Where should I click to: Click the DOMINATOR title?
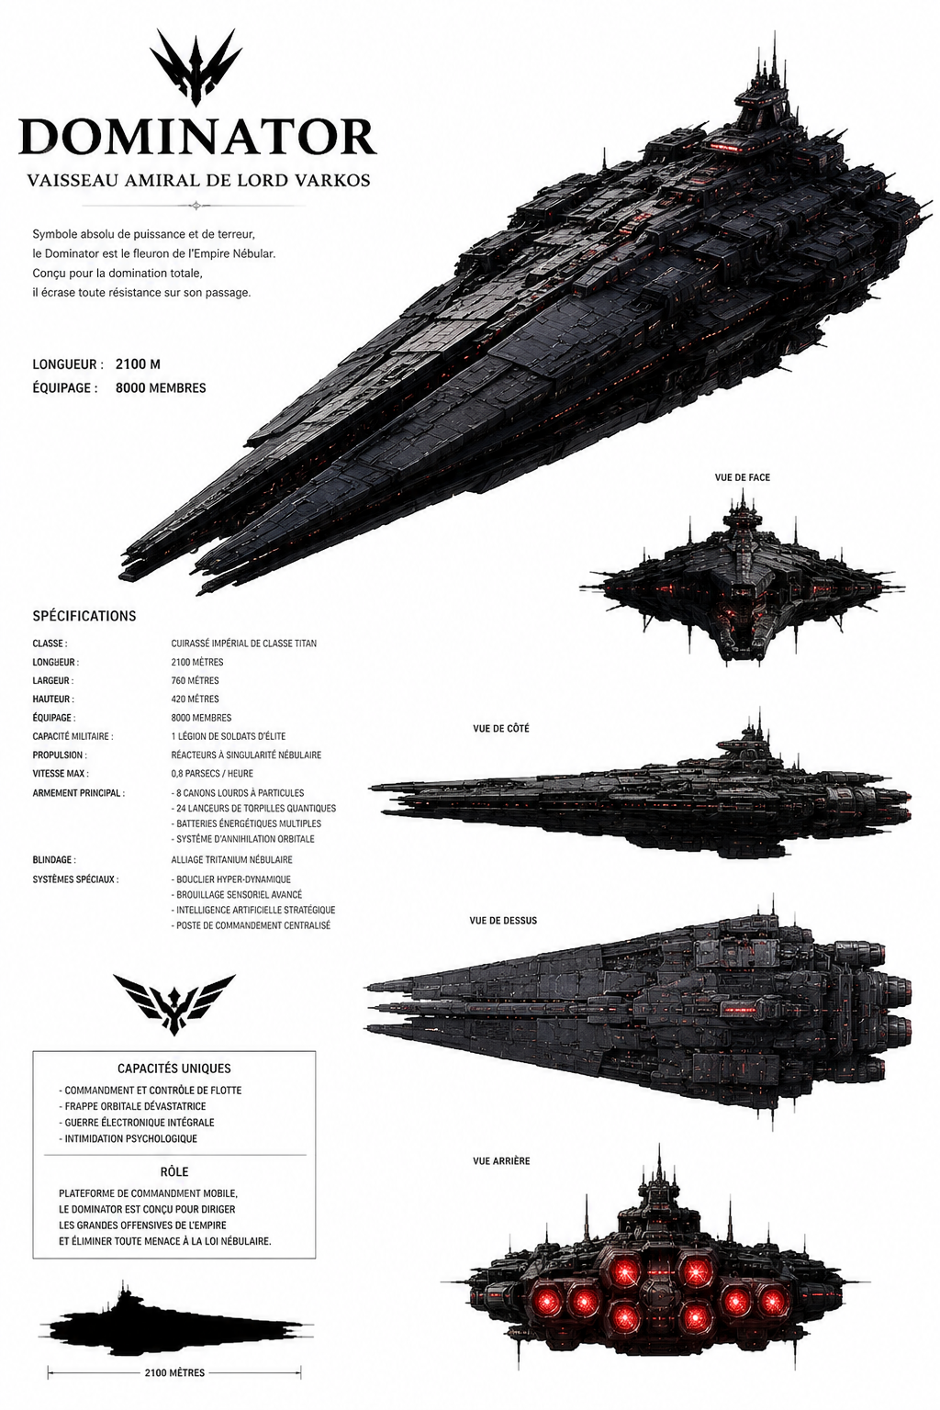pos(197,136)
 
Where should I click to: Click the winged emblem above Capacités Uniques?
pos(173,1003)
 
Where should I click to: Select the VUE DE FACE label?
pos(743,477)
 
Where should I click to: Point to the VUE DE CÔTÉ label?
pos(501,728)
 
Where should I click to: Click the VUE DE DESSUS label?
pos(503,921)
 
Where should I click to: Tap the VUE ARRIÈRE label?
pos(501,1160)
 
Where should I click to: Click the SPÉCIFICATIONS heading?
pos(84,616)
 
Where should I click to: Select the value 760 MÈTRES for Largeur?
pos(196,680)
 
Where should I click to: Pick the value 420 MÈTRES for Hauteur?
pos(196,699)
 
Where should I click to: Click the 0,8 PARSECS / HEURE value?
pos(212,773)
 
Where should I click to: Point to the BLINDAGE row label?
pos(54,859)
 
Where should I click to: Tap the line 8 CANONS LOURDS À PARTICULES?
pos(238,792)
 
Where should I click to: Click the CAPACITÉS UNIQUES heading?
pos(174,1069)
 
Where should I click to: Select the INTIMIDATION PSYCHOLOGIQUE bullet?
pos(128,1138)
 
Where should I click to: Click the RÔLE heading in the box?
pos(174,1171)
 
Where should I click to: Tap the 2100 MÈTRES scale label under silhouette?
pos(174,1371)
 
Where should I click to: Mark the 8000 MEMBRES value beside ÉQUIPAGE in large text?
pos(161,387)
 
